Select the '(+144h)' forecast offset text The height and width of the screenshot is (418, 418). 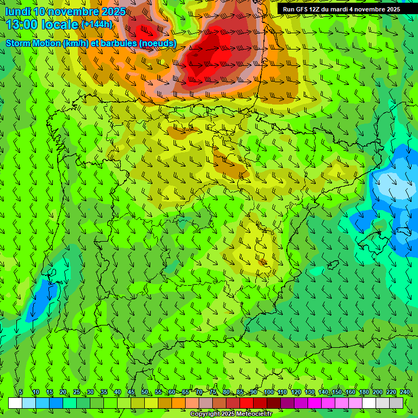coord(96,24)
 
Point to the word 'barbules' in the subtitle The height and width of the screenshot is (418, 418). coord(116,43)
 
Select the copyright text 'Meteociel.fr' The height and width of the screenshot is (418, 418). coord(247,414)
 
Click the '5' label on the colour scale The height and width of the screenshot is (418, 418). coord(21,392)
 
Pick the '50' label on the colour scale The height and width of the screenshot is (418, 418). coord(144,392)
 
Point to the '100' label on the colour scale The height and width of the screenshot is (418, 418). coord(268,392)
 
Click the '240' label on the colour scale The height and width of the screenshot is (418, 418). coord(404,392)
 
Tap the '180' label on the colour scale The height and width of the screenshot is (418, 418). coord(364,392)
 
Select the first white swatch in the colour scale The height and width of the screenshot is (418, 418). coord(15,403)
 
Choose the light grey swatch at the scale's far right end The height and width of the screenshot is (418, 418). coord(396,403)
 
